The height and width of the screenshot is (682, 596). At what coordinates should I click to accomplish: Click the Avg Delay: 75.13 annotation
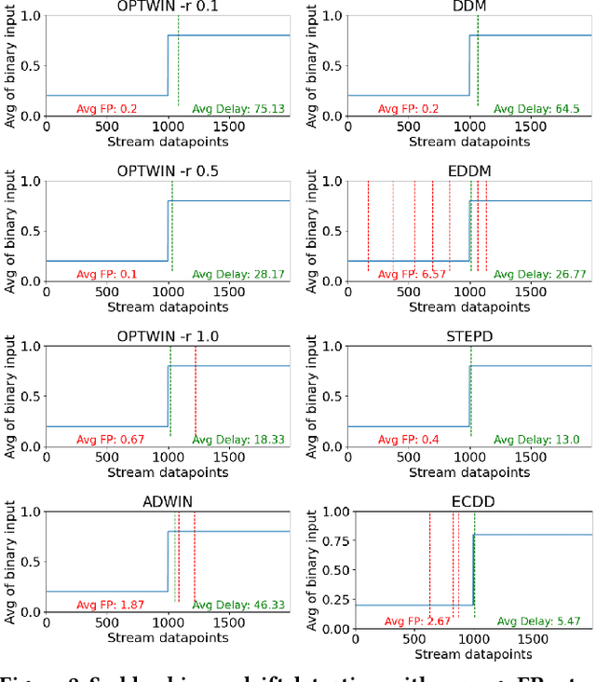click(x=239, y=108)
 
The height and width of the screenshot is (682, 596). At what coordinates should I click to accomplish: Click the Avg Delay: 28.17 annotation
click(x=239, y=274)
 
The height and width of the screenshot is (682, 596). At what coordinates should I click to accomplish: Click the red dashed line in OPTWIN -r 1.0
click(x=195, y=391)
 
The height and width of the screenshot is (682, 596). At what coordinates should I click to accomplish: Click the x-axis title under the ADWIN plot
click(x=168, y=638)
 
